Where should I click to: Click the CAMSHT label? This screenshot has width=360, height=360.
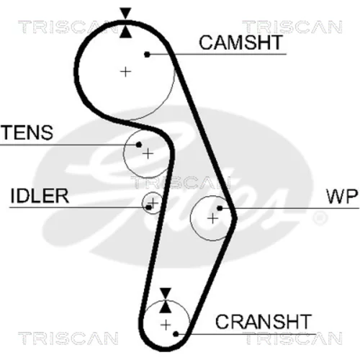(x=240, y=42)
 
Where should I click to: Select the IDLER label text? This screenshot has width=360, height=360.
(x=40, y=196)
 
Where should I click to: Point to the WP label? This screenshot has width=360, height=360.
(x=342, y=196)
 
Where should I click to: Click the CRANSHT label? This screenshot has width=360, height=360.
(x=264, y=322)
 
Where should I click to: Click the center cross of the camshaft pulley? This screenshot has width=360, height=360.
(x=125, y=71)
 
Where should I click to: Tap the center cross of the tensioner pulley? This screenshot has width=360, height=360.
(x=148, y=153)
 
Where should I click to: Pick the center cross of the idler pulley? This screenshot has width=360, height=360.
(x=153, y=203)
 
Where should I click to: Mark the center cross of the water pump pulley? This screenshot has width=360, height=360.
(x=212, y=218)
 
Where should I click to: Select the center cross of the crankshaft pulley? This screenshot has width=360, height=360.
(x=166, y=325)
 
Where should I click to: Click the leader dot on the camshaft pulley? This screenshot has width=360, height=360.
(x=147, y=55)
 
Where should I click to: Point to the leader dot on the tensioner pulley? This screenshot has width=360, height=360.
(x=138, y=145)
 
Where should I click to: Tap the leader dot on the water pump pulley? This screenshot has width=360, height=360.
(x=220, y=208)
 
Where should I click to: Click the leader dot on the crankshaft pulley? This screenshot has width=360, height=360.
(x=176, y=334)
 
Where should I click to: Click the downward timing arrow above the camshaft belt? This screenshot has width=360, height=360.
(x=126, y=13)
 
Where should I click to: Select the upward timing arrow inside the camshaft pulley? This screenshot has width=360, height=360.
(x=126, y=32)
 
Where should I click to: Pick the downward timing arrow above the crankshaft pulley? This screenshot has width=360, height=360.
(x=166, y=294)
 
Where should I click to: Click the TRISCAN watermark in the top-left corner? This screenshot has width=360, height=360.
(x=68, y=27)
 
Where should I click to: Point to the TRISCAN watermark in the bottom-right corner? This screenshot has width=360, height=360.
(x=292, y=338)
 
